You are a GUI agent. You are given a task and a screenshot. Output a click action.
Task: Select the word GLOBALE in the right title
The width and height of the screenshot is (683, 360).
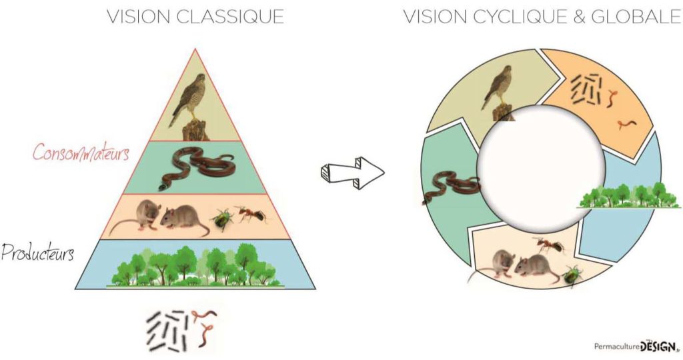pos(636,17)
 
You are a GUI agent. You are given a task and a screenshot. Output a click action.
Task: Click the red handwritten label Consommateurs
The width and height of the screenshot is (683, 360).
pos(81,153)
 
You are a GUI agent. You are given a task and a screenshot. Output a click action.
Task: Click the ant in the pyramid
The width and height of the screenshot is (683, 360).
pos(251,213)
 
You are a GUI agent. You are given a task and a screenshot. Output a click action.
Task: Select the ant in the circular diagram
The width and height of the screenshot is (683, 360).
pos(548,245)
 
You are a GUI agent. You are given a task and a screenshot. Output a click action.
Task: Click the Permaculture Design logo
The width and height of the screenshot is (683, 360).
pos(636,347)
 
